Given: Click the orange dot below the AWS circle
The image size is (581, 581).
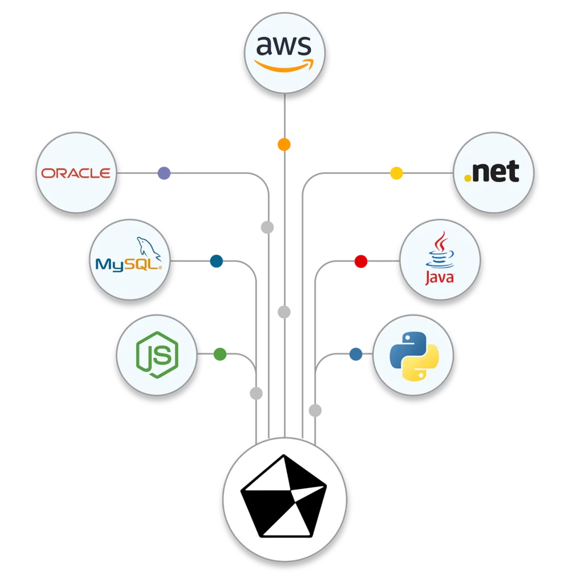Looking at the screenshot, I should click(284, 145).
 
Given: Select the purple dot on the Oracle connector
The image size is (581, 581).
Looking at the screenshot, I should click(164, 172).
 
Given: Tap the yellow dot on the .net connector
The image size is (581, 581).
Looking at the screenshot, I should click(397, 172).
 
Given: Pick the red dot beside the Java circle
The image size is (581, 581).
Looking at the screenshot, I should click(361, 261).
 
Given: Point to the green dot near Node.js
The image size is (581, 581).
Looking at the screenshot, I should click(220, 355).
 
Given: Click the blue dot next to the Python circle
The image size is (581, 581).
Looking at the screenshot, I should click(356, 354).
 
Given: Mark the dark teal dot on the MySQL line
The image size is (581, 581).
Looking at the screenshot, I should click(217, 261).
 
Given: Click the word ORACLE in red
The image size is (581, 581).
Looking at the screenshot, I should click(76, 173).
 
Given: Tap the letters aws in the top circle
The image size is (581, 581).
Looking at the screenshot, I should click(284, 45).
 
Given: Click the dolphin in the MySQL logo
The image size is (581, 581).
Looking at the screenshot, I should click(148, 247).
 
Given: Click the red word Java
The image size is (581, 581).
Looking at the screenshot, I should click(440, 277).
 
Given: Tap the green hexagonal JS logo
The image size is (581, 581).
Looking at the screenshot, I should click(157, 355).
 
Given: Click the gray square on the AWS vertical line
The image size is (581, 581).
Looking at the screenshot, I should click(285, 313).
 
